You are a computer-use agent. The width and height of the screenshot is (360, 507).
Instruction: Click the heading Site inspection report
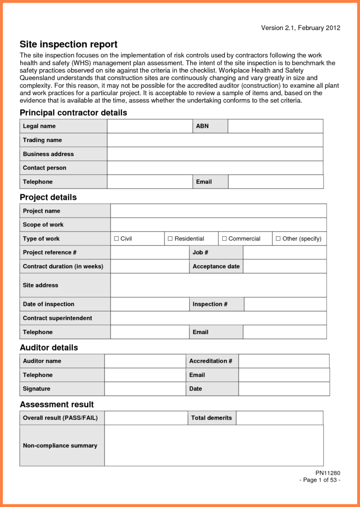68,45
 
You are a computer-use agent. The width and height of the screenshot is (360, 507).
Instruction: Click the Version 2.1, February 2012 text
300,28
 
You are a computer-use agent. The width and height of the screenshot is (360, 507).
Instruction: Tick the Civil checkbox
117,239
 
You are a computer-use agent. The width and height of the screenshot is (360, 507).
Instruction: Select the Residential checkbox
170,239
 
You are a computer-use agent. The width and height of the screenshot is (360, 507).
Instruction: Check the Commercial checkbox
224,239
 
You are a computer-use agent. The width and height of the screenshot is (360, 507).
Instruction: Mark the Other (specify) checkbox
278,239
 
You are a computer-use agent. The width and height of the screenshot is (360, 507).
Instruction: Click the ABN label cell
202,126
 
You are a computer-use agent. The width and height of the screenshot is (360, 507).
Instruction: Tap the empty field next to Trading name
215,140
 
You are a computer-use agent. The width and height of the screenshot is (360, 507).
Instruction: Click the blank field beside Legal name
150,126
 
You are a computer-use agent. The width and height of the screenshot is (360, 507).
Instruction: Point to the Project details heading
48,197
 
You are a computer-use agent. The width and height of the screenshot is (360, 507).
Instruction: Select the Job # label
201,252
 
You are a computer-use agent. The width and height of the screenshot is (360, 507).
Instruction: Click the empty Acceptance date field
285,266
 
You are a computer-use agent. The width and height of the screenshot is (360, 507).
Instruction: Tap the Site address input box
218,285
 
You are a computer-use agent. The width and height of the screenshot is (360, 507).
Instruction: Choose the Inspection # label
210,304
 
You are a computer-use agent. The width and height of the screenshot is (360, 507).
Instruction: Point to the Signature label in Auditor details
37,389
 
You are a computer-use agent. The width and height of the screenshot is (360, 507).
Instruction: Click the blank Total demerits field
279,418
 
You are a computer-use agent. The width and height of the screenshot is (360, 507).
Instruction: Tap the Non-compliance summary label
60,446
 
